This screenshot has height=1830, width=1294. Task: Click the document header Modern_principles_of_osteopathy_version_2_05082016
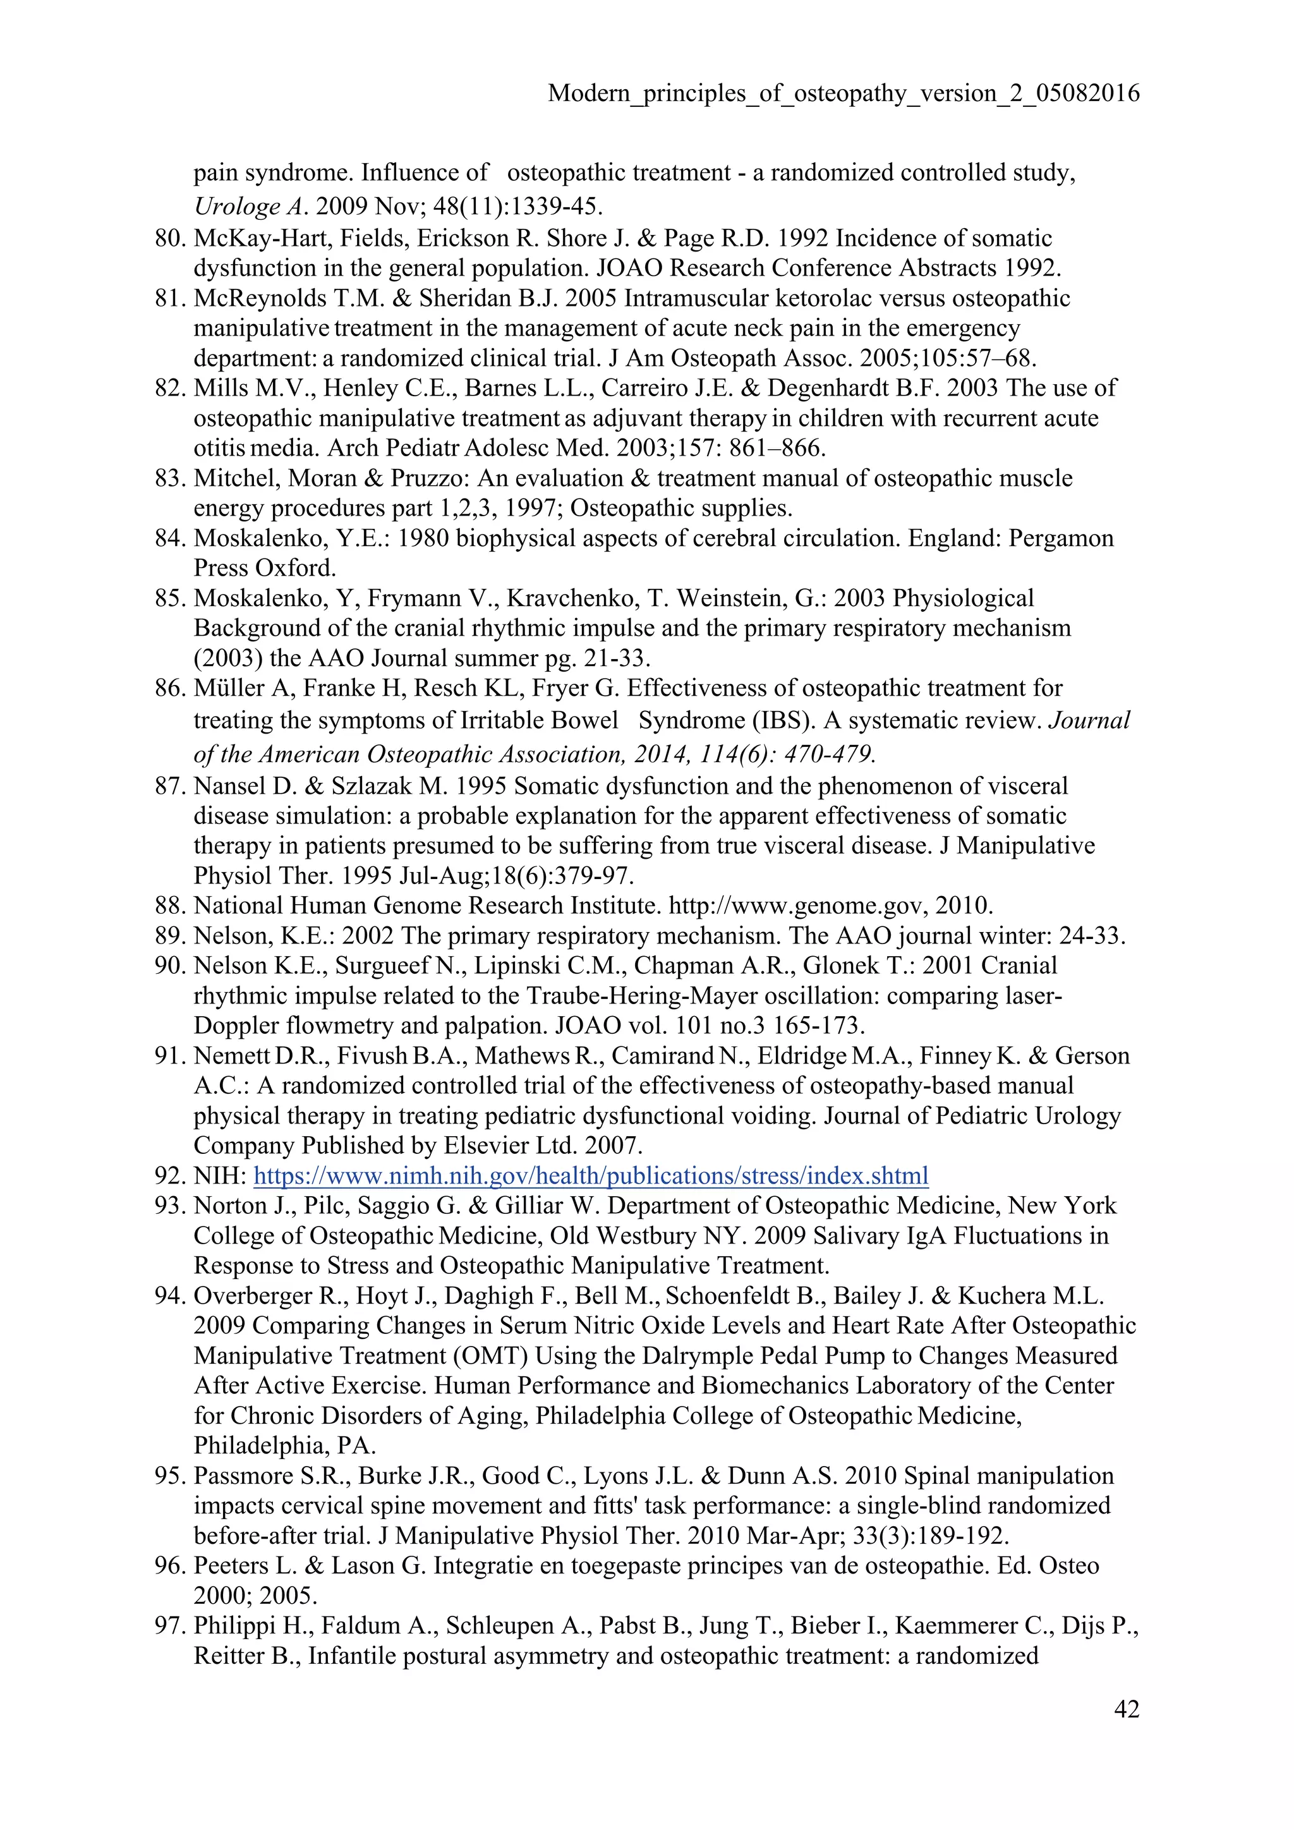pyautogui.click(x=843, y=94)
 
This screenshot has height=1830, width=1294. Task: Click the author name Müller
pyautogui.click(x=227, y=688)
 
